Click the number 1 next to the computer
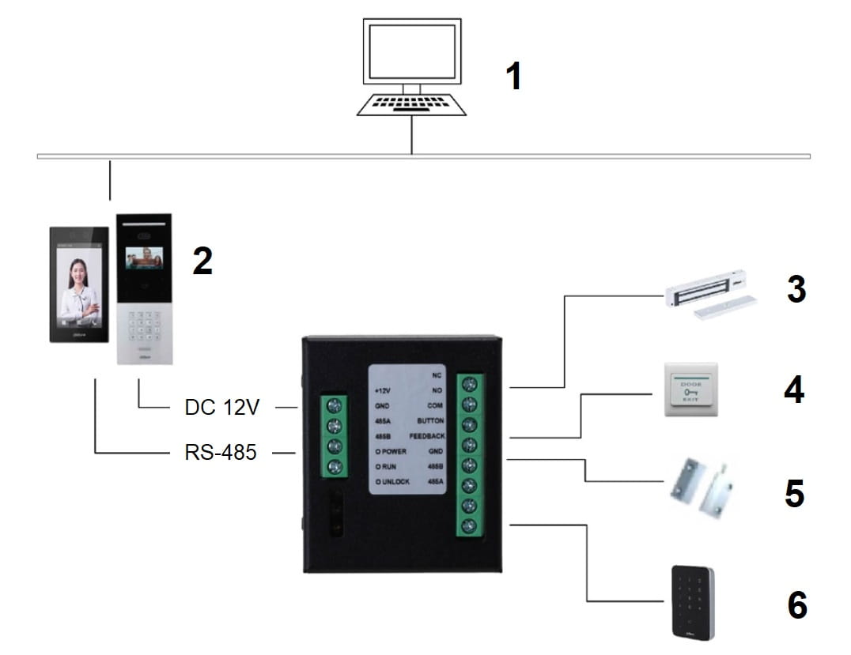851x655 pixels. coord(514,77)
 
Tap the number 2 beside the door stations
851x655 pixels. coord(202,261)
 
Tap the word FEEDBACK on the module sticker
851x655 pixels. coord(427,436)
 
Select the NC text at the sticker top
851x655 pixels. coord(437,375)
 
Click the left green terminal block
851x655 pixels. coord(334,436)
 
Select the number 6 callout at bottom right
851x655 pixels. coord(796,605)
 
